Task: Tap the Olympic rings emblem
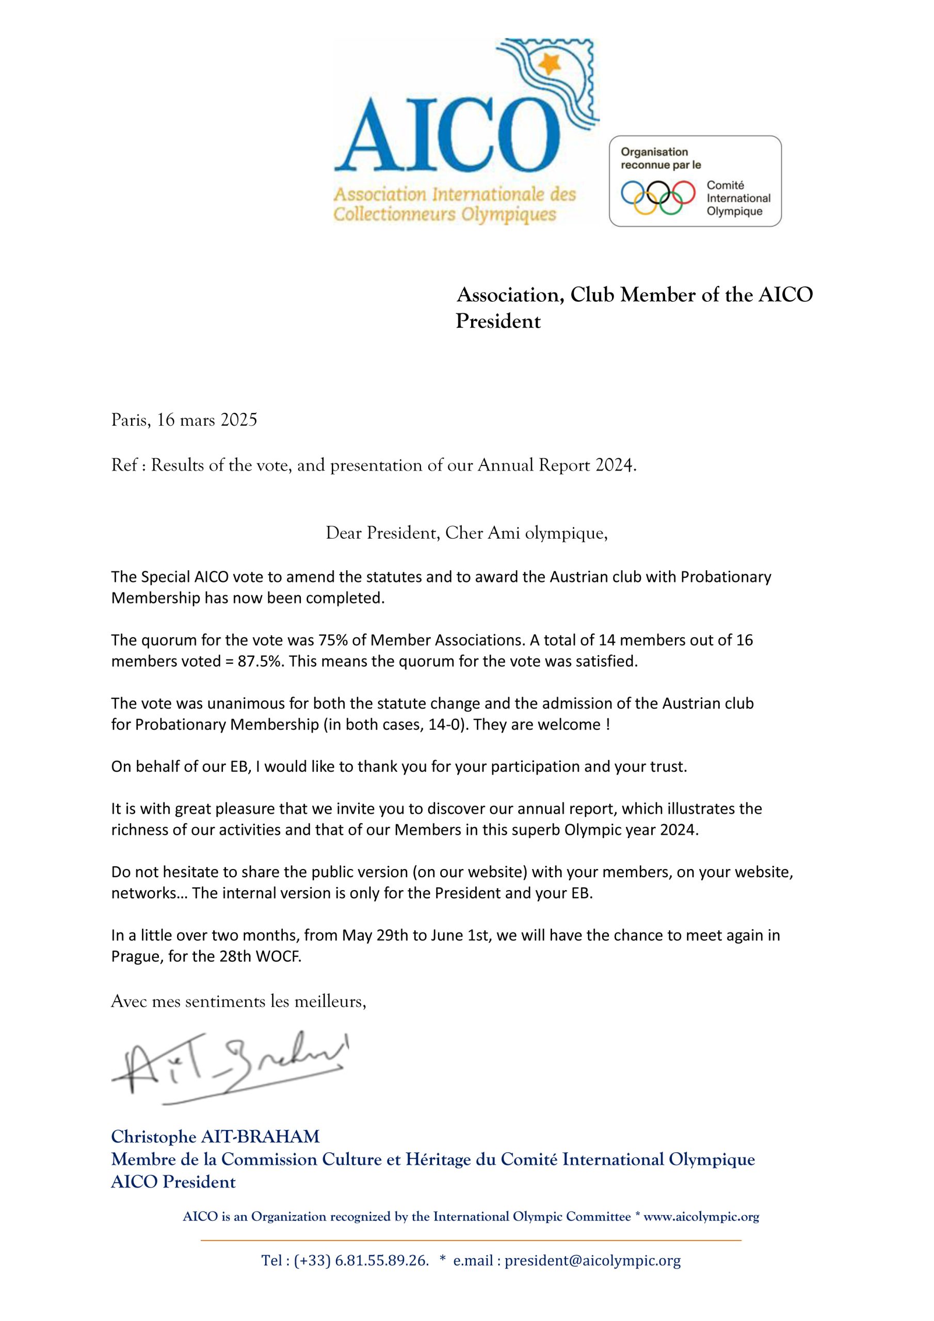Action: click(658, 197)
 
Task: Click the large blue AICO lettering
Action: click(447, 136)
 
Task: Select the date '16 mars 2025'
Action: click(206, 420)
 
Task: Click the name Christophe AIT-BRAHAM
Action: click(215, 1137)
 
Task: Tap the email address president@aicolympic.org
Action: click(592, 1261)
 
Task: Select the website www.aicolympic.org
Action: click(701, 1217)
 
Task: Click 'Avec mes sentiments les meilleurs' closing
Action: click(238, 1001)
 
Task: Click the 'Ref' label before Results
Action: click(124, 465)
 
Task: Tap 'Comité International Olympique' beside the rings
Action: click(738, 198)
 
